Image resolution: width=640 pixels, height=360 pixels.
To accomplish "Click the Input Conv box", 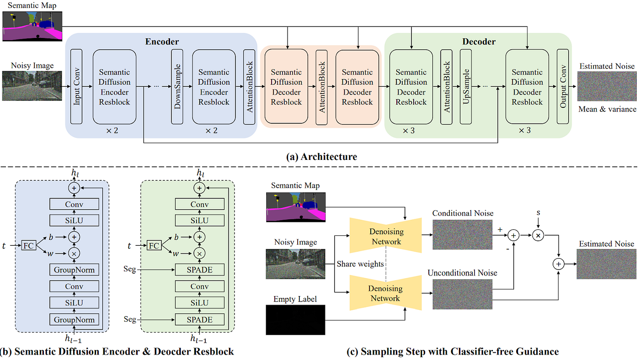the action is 76,86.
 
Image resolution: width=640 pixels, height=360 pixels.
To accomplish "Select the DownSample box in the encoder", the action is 177,86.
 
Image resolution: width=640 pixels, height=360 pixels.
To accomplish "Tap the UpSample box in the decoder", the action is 466,86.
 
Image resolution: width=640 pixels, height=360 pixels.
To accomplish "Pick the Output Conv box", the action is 563,86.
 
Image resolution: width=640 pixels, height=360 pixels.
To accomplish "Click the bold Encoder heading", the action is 162,42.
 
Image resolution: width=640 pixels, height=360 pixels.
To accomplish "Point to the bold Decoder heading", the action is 479,42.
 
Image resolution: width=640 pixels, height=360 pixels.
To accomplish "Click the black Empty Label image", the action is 295,320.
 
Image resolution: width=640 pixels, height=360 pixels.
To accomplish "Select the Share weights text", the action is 360,264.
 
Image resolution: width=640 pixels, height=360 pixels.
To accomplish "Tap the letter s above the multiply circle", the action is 539,213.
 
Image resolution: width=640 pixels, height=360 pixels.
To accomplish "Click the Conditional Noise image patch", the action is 462,235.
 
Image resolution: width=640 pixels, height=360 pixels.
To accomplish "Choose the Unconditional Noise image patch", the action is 462,294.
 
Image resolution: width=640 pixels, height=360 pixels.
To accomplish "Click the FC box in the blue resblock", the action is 28,245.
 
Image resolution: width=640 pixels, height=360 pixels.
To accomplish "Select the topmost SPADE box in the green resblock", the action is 199,270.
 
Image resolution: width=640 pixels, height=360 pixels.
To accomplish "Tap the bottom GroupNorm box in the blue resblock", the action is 74,320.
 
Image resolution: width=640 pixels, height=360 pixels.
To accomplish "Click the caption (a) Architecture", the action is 322,157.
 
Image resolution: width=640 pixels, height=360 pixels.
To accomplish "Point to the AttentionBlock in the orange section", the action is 322,87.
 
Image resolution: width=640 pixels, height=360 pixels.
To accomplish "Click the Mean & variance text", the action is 607,109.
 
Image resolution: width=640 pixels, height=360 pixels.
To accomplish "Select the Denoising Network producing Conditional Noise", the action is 386,236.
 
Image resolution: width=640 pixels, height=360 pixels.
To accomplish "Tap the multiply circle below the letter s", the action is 539,236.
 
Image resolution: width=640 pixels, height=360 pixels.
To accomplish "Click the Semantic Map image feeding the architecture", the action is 32,26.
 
